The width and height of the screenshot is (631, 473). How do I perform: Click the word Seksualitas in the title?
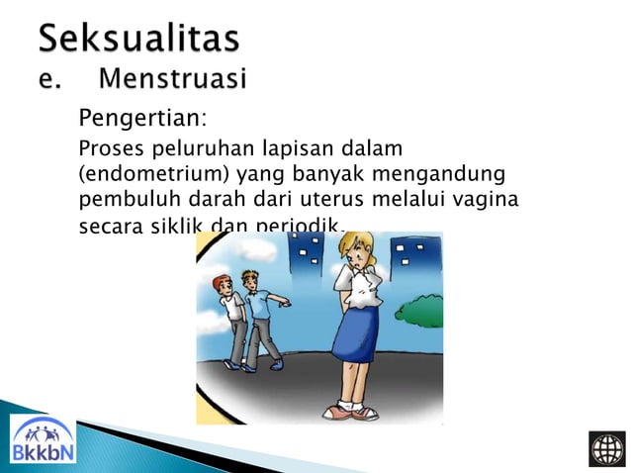click(138, 40)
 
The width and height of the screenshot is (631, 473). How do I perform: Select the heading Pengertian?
click(142, 121)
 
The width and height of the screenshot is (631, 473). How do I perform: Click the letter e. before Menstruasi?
click(48, 78)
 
